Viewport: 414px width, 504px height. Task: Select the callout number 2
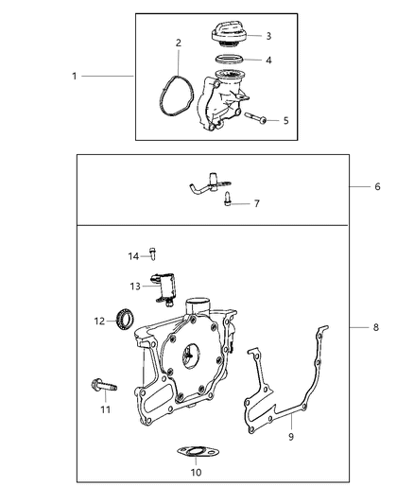178,43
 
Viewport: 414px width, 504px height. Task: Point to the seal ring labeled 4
227,61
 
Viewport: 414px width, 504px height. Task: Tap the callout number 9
291,437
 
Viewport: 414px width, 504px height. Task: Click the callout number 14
133,255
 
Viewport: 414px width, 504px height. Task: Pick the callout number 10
196,473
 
